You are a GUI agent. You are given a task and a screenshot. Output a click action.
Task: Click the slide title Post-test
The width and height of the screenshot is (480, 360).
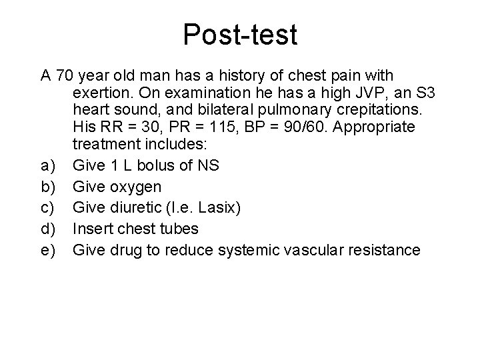click(x=240, y=35)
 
